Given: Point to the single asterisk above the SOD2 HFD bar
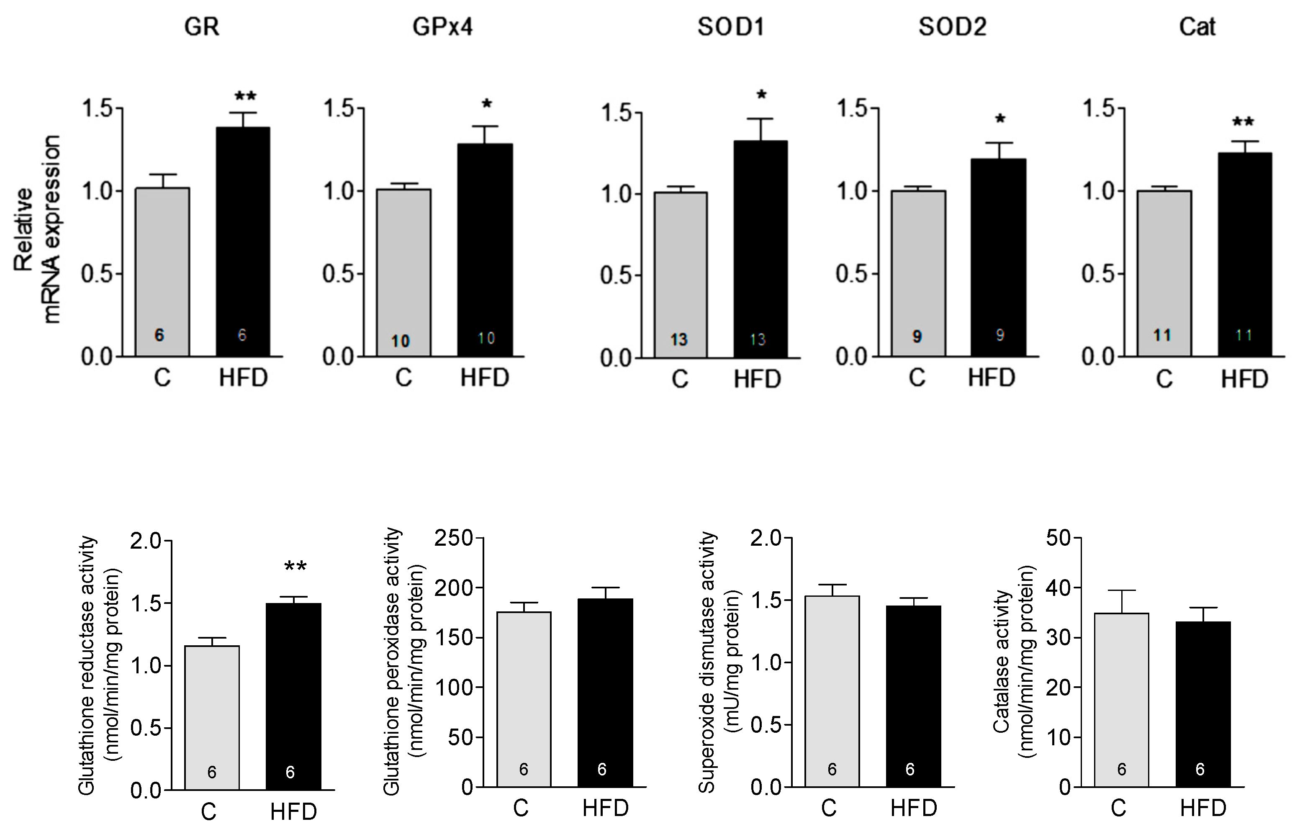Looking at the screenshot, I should point(1000,120).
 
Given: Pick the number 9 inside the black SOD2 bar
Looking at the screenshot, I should point(1000,336).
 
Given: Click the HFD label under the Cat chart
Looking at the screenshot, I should point(1244,380).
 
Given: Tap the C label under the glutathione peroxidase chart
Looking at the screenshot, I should point(520,808).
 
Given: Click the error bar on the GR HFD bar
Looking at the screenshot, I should point(243,119).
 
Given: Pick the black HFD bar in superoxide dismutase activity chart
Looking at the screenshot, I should point(913,696).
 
